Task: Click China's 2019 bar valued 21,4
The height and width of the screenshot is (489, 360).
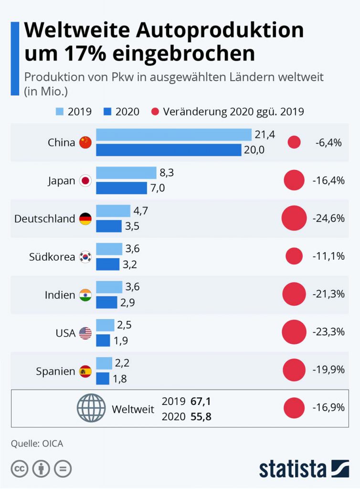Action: click(x=174, y=135)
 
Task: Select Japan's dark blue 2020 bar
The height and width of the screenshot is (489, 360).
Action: click(x=121, y=188)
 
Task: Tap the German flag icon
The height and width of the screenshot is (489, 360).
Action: click(x=85, y=219)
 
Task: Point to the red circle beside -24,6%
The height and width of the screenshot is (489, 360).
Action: click(x=294, y=219)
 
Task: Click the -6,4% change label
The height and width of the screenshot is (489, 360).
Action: click(x=328, y=142)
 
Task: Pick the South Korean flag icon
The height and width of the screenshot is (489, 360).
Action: click(x=85, y=257)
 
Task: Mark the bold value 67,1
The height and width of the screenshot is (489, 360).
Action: click(x=201, y=401)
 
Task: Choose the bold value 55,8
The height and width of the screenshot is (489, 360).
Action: click(x=201, y=417)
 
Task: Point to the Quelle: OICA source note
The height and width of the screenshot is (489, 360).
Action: click(x=37, y=444)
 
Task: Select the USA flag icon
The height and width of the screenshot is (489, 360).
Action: click(x=85, y=333)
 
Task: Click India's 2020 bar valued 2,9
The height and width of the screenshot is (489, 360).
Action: click(x=106, y=302)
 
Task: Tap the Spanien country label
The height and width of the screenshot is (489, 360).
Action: click(x=55, y=372)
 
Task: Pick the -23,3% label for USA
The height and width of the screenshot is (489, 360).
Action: click(x=328, y=333)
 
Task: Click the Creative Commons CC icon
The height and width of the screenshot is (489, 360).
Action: click(x=20, y=469)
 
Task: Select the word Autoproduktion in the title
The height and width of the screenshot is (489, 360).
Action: click(x=220, y=32)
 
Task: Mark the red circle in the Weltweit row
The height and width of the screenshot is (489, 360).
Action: click(x=294, y=408)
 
